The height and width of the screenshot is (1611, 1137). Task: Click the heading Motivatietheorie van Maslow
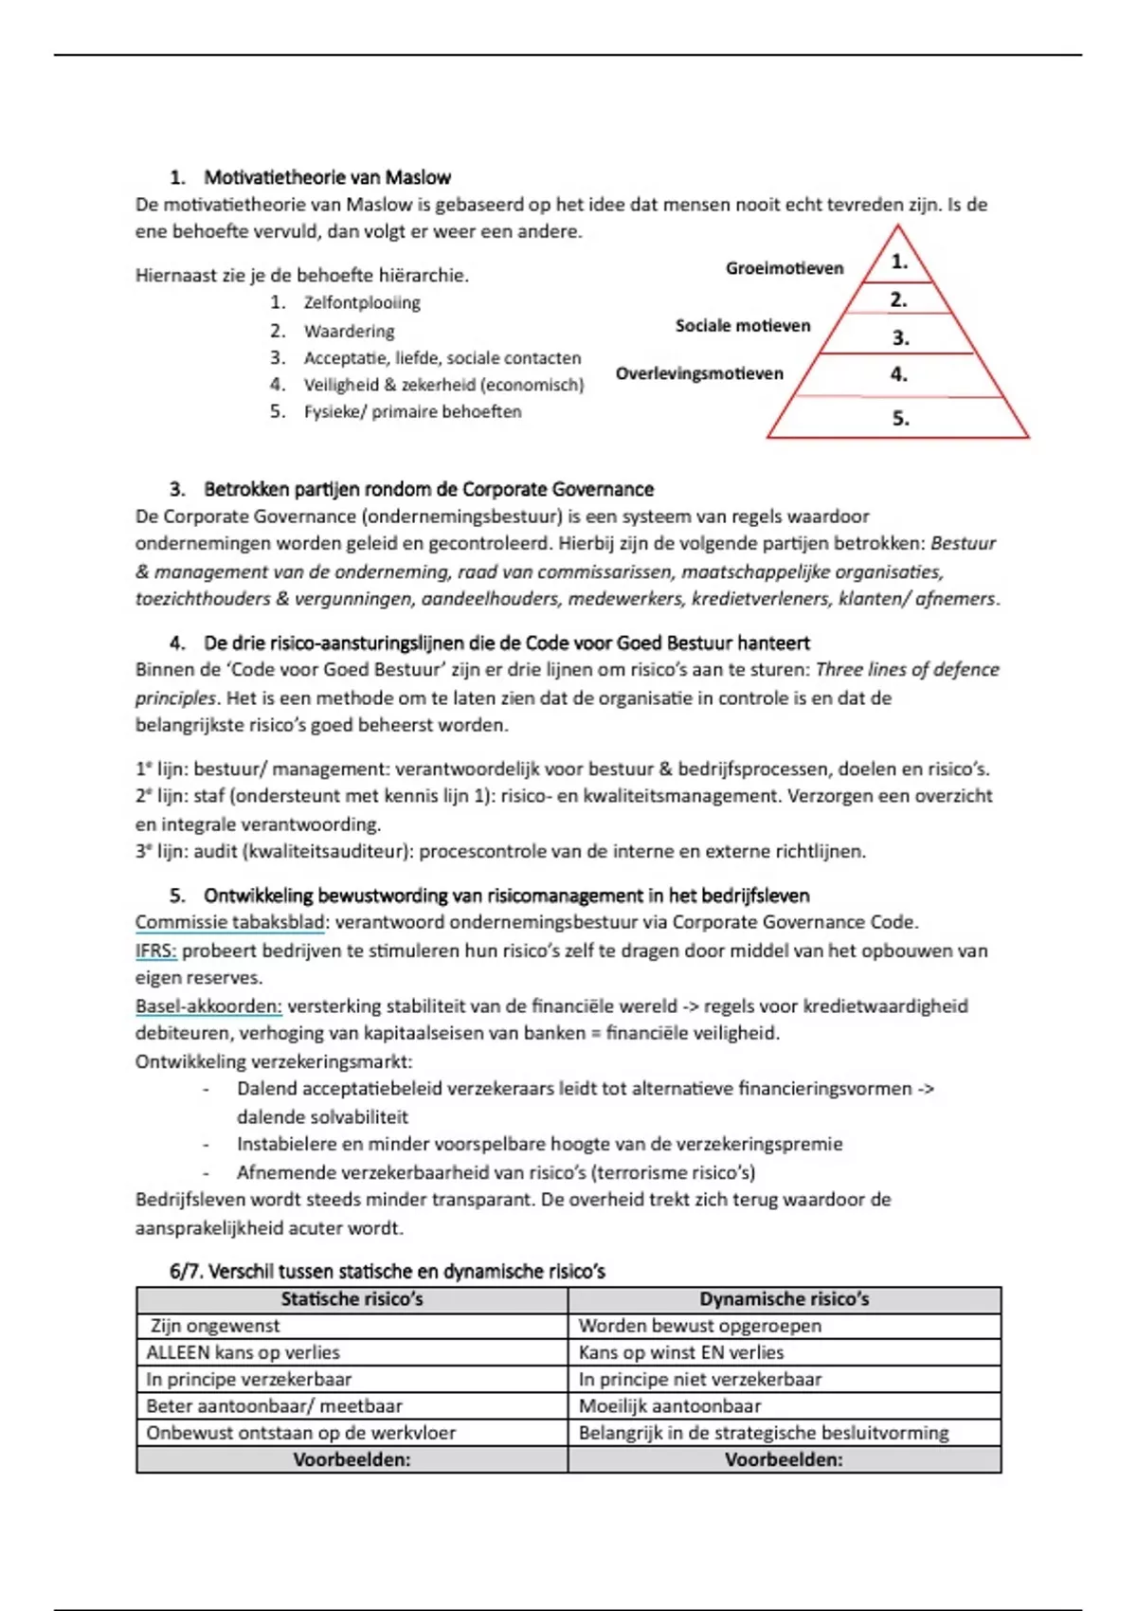pyautogui.click(x=327, y=177)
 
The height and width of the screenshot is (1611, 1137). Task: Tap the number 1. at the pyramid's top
pyautogui.click(x=899, y=262)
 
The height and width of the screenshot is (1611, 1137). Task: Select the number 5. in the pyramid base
pyautogui.click(x=900, y=418)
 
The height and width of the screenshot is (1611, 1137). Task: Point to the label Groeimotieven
pyautogui.click(x=785, y=268)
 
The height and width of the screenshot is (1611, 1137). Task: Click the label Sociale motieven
pyautogui.click(x=743, y=326)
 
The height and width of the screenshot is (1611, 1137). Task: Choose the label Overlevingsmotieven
pyautogui.click(x=699, y=373)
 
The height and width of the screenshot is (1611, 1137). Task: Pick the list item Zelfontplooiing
pyautogui.click(x=361, y=302)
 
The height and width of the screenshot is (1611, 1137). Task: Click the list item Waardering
pyautogui.click(x=349, y=331)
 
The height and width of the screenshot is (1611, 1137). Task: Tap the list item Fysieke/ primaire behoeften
pyautogui.click(x=412, y=411)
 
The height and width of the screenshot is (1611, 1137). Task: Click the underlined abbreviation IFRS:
pyautogui.click(x=155, y=950)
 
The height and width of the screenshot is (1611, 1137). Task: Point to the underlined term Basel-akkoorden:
pyautogui.click(x=208, y=1005)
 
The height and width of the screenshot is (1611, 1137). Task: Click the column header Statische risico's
pyautogui.click(x=352, y=1299)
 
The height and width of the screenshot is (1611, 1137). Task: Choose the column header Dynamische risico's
pyautogui.click(x=784, y=1299)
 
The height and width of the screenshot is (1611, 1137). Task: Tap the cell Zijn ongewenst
pyautogui.click(x=215, y=1326)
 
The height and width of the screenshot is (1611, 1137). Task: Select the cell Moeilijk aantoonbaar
pyautogui.click(x=669, y=1405)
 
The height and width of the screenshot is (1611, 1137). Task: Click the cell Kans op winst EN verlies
pyautogui.click(x=680, y=1352)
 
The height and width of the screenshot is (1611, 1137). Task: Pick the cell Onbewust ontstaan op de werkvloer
pyautogui.click(x=300, y=1432)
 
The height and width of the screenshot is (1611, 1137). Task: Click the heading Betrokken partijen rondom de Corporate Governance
pyautogui.click(x=428, y=489)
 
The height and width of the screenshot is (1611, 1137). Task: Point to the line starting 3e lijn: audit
pyautogui.click(x=500, y=851)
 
